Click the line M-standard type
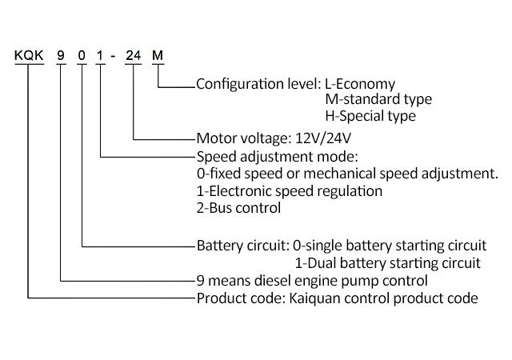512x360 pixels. tap(378, 99)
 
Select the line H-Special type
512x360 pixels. tap(370, 116)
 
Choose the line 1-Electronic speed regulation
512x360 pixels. tap(289, 191)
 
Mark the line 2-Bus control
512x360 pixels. tap(238, 209)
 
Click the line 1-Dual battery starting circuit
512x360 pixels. tap(387, 262)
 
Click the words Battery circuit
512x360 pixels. tap(242, 244)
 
